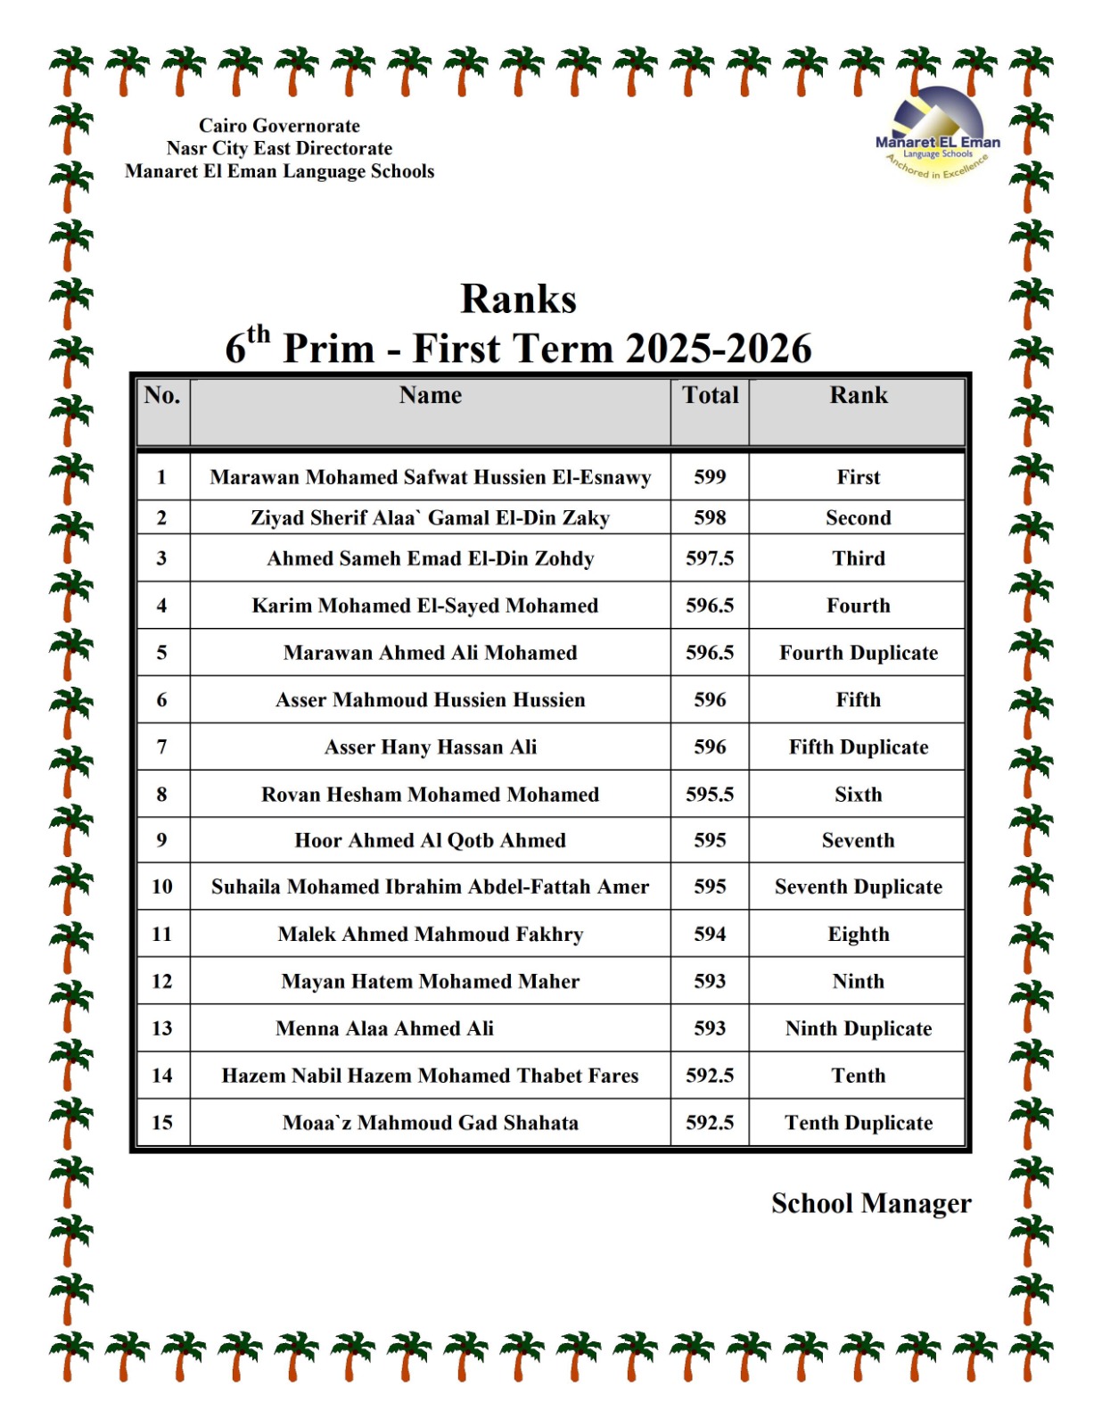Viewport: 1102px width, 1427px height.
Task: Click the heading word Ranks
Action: tap(518, 299)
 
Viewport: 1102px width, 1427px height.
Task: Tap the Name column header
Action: tap(430, 395)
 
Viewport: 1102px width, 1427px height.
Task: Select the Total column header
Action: tap(710, 395)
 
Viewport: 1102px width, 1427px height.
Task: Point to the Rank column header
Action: tap(858, 395)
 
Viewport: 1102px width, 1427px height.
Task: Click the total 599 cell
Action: tap(710, 477)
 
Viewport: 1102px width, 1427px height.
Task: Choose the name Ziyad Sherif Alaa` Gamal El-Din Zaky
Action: tap(430, 518)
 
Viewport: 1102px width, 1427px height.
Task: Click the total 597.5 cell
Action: tap(710, 558)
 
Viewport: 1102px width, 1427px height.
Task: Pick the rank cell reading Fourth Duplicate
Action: tap(858, 653)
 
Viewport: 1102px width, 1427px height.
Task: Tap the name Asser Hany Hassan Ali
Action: tap(430, 747)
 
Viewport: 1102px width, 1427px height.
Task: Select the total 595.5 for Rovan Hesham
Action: tap(710, 795)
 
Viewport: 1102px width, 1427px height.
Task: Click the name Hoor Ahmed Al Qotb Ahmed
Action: tap(430, 840)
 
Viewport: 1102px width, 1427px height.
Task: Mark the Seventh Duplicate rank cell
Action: tap(858, 887)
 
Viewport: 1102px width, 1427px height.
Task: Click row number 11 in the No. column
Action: tap(161, 934)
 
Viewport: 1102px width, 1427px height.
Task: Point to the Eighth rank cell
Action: tap(858, 934)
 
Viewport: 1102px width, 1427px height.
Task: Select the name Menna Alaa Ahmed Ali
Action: tap(384, 1028)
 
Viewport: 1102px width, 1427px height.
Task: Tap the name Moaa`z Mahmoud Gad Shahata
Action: tap(430, 1123)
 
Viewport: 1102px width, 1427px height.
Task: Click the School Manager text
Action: tap(870, 1203)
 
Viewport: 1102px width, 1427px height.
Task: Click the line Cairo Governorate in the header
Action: tap(279, 126)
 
